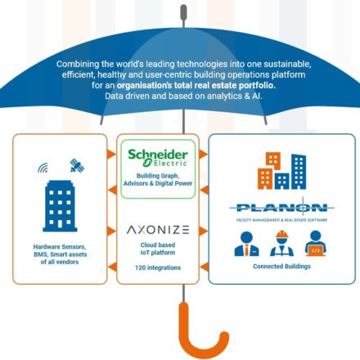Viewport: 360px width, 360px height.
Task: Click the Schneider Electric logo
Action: pos(158,158)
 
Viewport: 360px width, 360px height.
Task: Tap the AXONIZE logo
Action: pos(158,230)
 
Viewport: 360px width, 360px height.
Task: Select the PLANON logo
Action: pos(281,209)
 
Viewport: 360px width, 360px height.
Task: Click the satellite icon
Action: pos(77,165)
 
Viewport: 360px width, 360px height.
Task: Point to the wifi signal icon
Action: pos(43,168)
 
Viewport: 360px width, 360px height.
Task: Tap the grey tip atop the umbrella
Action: pos(183,12)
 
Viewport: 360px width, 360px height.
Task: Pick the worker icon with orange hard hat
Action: pos(281,243)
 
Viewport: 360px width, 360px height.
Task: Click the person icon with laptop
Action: pos(316,243)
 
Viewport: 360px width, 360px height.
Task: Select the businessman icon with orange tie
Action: pos(246,244)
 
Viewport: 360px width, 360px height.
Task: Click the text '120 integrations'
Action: pos(158,268)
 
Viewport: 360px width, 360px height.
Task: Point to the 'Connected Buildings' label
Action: pos(281,266)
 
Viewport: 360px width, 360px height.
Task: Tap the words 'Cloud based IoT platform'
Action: pos(158,249)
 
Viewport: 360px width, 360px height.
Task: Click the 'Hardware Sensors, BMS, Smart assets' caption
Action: pos(60,250)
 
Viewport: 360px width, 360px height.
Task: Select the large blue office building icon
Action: pos(60,206)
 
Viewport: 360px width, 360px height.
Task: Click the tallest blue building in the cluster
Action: pos(299,172)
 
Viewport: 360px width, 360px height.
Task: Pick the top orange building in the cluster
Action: pos(273,160)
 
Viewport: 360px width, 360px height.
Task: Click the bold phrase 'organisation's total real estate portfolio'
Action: pos(196,85)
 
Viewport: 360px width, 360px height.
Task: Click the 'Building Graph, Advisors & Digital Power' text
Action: pos(158,179)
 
